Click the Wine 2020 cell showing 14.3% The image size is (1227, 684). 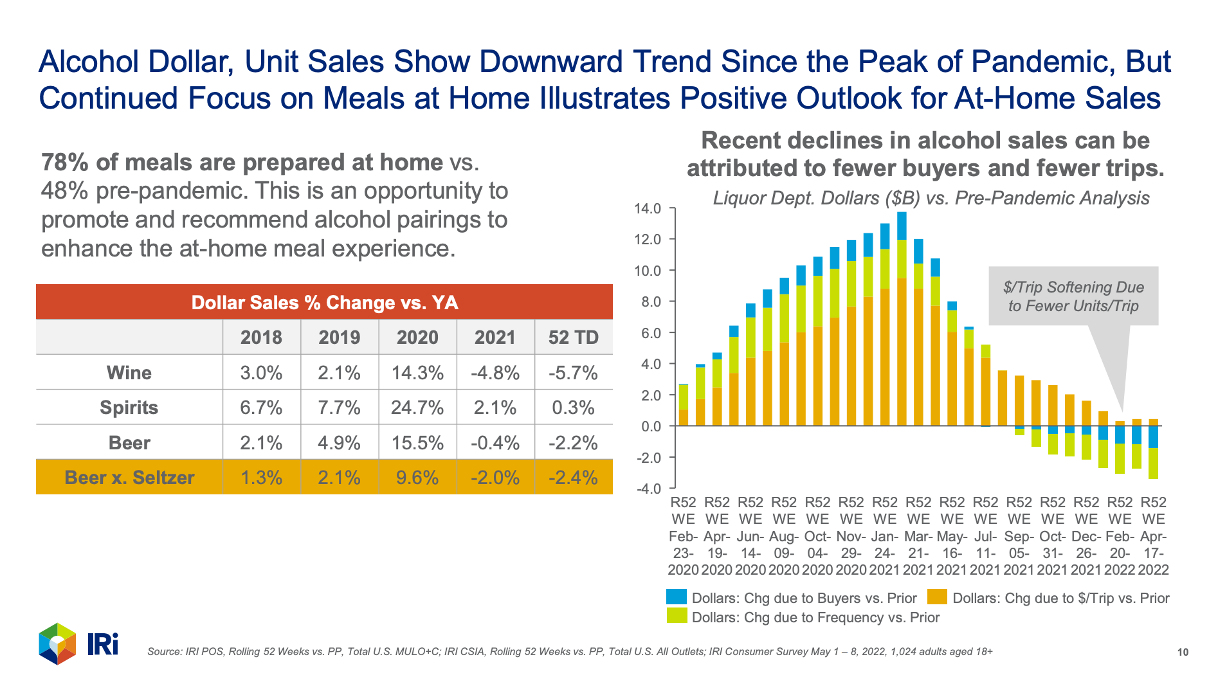click(417, 373)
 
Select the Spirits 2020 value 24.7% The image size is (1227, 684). click(417, 408)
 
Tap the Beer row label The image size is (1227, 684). click(129, 443)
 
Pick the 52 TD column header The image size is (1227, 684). click(573, 337)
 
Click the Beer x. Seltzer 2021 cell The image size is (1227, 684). click(495, 478)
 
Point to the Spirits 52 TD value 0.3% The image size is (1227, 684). click(573, 408)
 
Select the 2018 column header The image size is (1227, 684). click(261, 337)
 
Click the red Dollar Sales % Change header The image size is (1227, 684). click(324, 302)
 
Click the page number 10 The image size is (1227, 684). click(1183, 652)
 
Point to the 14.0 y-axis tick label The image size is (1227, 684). click(647, 208)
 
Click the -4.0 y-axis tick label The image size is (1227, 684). click(647, 489)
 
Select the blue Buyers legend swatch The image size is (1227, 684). click(677, 597)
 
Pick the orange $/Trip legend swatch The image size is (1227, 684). click(937, 597)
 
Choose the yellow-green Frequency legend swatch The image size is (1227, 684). click(677, 616)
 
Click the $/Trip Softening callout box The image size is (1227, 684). click(1073, 296)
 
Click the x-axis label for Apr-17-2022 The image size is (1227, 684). click(1153, 535)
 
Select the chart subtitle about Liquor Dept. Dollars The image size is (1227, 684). click(931, 198)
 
